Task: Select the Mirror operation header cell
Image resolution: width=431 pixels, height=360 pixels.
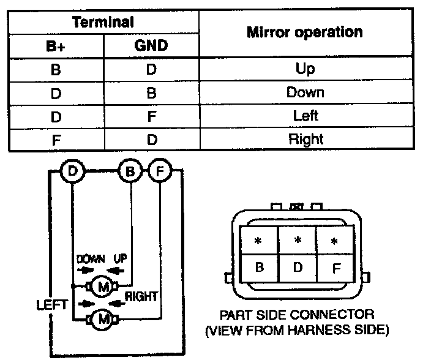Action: click(x=304, y=32)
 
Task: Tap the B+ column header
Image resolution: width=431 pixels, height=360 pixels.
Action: click(x=56, y=46)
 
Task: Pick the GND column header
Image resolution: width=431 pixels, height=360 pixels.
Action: click(x=151, y=46)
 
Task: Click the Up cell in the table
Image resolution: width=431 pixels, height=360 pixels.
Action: click(x=304, y=69)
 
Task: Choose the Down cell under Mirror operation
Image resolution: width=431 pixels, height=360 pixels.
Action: click(x=304, y=92)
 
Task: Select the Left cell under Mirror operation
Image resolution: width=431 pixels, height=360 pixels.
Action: click(x=304, y=116)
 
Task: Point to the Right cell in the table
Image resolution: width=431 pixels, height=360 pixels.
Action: click(x=304, y=139)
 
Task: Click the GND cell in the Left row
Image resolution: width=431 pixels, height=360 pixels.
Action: click(x=151, y=116)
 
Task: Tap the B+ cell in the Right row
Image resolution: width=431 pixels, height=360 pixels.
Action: click(x=56, y=139)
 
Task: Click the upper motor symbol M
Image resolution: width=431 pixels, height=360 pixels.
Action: click(x=103, y=286)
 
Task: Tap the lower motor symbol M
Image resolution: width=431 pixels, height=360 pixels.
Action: click(x=103, y=318)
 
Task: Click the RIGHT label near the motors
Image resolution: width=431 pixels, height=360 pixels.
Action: click(x=141, y=296)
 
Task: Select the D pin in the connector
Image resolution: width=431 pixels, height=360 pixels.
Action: click(x=298, y=268)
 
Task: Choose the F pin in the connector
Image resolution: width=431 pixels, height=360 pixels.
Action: click(x=335, y=268)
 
